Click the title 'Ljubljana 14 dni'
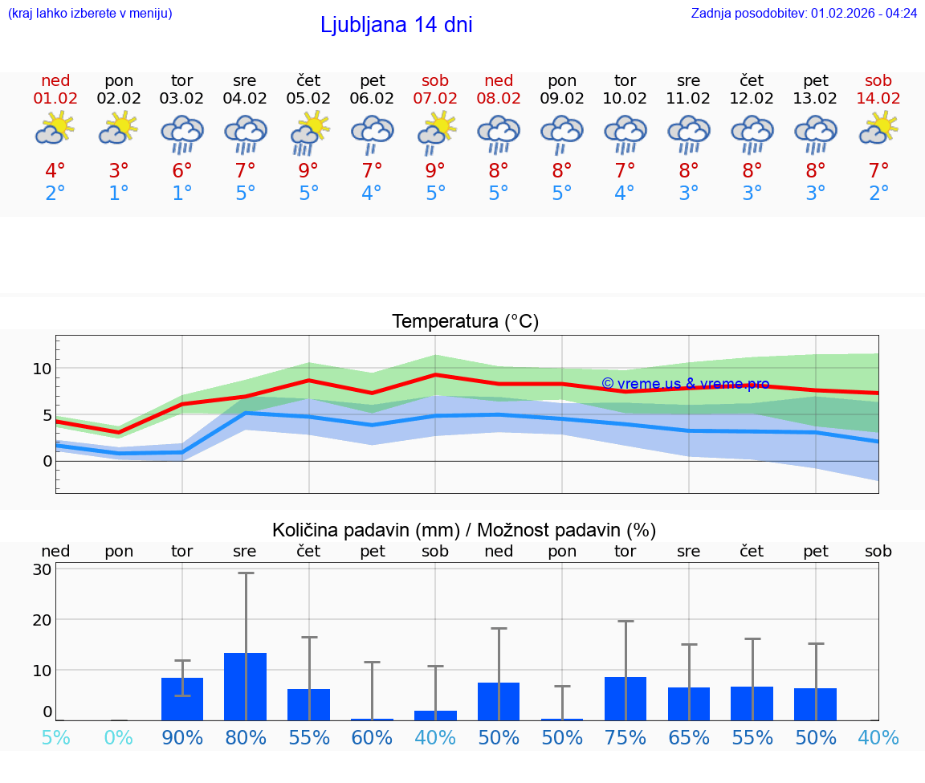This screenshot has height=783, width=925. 396,25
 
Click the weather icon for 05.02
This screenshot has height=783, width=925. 308,133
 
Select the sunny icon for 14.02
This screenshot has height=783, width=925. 878,128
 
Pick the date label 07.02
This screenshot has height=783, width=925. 435,99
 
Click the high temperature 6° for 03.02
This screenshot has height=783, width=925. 182,171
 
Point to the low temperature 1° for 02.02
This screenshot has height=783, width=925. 119,194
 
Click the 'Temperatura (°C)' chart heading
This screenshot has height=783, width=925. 465,322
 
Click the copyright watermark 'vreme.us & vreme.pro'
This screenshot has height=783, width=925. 686,384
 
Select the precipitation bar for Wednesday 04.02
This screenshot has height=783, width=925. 246,686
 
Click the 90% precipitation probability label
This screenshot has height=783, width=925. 182,737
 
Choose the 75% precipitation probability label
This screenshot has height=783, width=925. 625,737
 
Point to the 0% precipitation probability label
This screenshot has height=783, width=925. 119,737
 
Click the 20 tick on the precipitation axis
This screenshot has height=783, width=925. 42,620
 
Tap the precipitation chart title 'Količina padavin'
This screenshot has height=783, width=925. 365,530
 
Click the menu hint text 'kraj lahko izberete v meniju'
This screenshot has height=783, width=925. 89,13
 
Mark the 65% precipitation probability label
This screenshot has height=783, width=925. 689,737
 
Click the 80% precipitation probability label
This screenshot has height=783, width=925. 246,737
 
